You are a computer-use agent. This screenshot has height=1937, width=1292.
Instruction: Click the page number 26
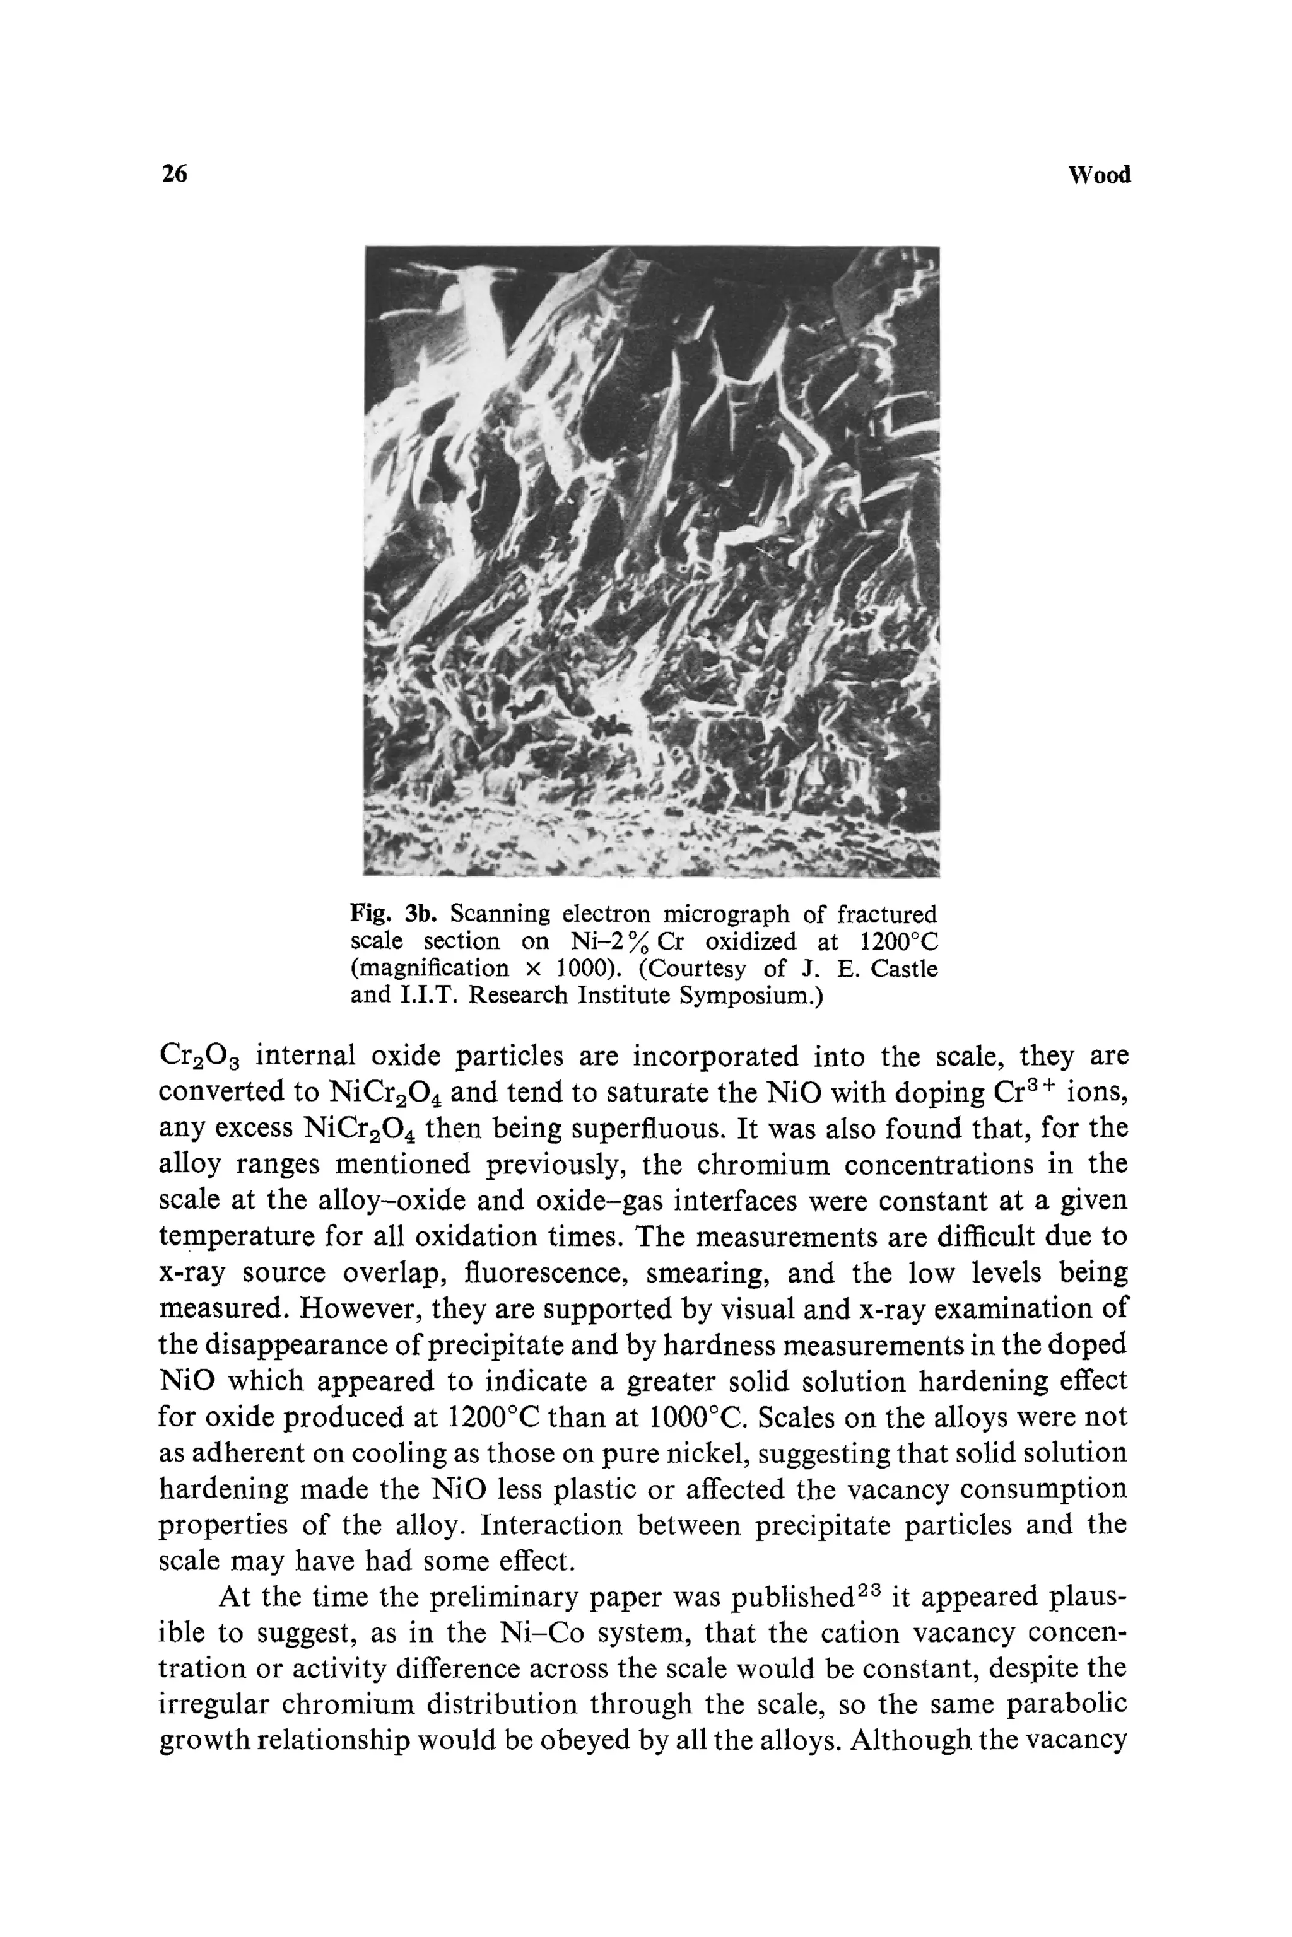click(175, 174)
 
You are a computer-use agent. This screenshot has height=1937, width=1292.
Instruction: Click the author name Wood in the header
click(1098, 175)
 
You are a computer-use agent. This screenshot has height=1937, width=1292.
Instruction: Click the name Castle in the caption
click(904, 968)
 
